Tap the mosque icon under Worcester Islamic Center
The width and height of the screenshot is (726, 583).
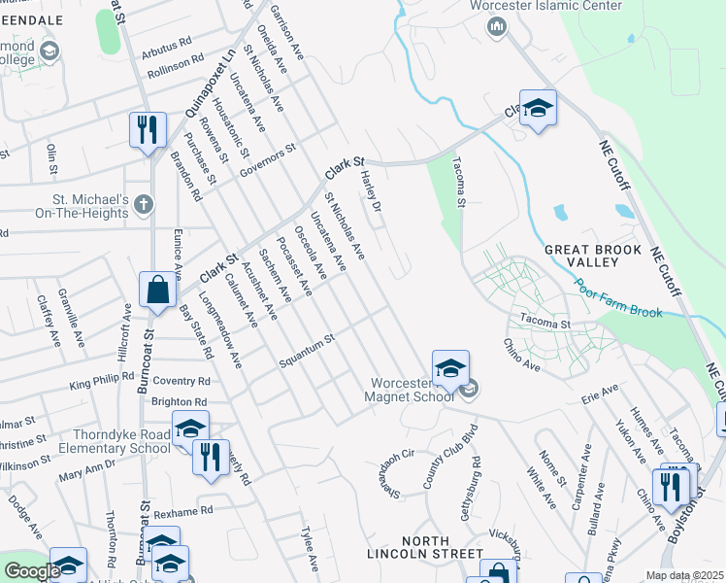(x=497, y=26)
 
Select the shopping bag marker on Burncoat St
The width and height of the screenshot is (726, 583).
(x=157, y=290)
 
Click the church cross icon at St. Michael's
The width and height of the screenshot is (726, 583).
(x=143, y=204)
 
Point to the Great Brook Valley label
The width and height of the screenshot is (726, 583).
(x=593, y=256)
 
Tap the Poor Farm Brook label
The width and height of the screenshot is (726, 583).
(x=617, y=298)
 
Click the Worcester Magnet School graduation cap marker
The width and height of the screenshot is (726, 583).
(x=450, y=369)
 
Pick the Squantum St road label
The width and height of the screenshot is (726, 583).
(x=307, y=352)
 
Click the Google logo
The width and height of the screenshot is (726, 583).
(x=32, y=571)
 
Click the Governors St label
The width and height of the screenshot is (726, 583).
(x=269, y=161)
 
